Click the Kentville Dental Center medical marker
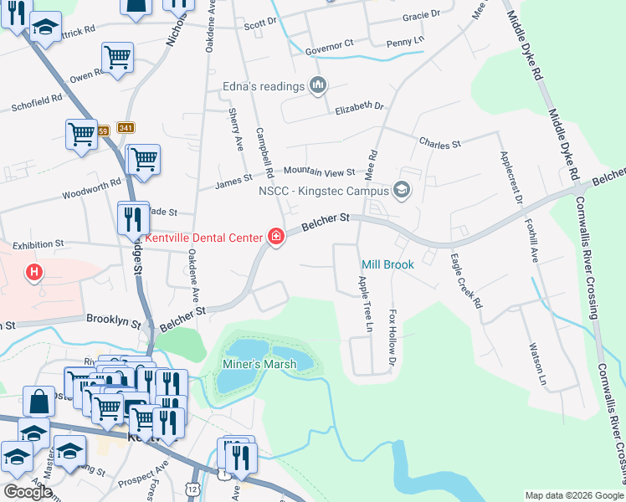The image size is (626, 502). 275,238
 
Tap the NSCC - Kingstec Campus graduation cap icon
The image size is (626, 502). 402,191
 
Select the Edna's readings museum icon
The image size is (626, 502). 318,85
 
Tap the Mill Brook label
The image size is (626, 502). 387,265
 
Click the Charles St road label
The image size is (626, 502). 440,144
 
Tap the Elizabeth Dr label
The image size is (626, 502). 359,109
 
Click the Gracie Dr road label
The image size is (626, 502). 421,16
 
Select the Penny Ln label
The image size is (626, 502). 406,39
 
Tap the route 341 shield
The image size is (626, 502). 126,128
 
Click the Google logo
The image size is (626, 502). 28,491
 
